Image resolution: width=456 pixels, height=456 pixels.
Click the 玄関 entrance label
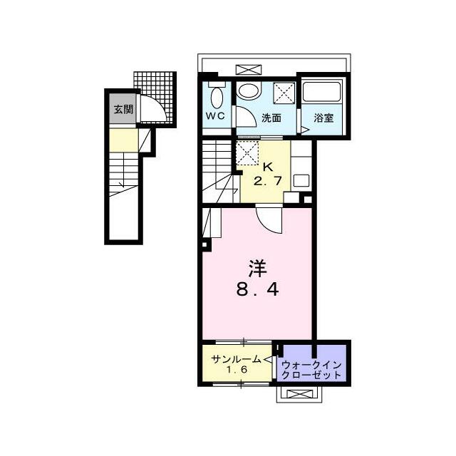point(123,109)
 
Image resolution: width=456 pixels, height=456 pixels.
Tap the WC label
point(215,115)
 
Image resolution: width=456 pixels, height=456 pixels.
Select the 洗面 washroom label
point(271,118)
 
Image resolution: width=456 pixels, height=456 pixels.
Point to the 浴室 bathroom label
point(323,118)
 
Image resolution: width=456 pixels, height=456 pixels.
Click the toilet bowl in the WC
point(217,97)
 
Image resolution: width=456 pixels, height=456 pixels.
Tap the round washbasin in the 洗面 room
point(249,90)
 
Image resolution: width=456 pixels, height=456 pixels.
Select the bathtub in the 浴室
point(321,91)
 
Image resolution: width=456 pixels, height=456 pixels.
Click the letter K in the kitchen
point(268,167)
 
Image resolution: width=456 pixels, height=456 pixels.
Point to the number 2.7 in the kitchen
point(268,181)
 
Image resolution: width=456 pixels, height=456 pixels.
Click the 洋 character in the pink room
point(257,269)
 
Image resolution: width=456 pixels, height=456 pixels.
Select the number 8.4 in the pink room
point(257,289)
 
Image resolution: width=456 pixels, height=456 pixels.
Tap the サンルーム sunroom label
point(236,360)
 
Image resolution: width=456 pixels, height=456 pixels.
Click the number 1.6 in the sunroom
point(237,370)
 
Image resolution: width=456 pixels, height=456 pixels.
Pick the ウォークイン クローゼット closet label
point(311,370)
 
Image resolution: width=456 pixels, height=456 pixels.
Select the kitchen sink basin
point(301,180)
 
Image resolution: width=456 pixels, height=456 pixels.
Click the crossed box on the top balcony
point(249,70)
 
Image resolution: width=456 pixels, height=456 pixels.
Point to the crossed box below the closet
point(299,394)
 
